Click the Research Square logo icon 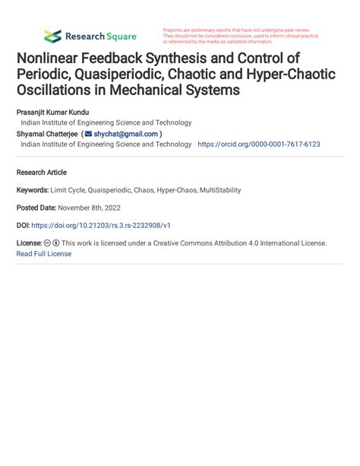coord(52,36)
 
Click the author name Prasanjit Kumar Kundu coord(58,111)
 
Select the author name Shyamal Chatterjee coord(47,133)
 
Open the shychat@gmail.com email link coord(125,134)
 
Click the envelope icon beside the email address coord(88,134)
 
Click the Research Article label coord(41,173)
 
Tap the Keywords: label coord(32,190)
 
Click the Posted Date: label coord(36,208)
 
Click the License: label coord(29,243)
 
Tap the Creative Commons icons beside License coord(52,243)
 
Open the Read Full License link coord(43,253)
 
